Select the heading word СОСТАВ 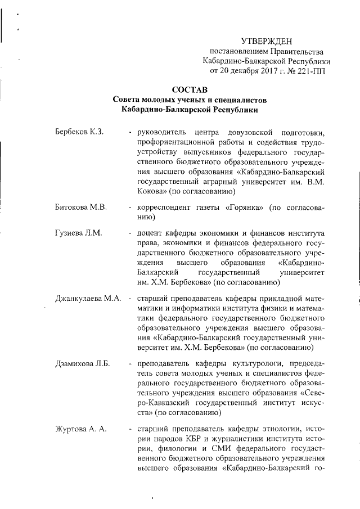coord(190,89)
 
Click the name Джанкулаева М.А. coord(89,298)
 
